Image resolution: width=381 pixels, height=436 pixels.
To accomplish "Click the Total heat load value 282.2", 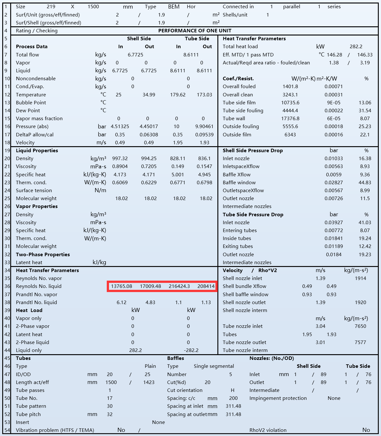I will coord(356,47).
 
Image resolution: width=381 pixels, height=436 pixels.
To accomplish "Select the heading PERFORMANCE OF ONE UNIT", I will coord(195,31).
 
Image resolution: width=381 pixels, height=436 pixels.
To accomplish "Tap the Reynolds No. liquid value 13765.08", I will coord(121,286).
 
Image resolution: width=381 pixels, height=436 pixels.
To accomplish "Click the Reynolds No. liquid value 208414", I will coord(206,286).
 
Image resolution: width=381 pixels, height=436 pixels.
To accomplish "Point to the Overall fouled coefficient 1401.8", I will coord(290,87).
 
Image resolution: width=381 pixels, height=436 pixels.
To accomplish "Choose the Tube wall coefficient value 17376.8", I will coord(290,119).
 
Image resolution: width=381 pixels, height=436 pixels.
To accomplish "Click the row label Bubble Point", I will coord(31,103).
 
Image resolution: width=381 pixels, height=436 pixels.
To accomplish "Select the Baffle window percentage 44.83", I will coord(365,183).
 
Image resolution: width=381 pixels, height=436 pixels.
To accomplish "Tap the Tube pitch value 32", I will coord(110,414).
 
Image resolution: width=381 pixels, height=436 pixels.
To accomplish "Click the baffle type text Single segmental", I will coord(214,366).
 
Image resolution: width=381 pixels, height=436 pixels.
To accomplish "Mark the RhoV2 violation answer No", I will coord(366,430).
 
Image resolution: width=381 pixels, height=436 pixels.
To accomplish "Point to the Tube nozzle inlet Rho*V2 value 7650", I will coord(360,326).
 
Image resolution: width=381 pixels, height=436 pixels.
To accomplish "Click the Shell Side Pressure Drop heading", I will coord(253,151).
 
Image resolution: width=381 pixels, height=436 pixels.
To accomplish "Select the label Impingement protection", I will coord(278,398).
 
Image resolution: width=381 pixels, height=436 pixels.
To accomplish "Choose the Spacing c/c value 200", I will coord(233,398).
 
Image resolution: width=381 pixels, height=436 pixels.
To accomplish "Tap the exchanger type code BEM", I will coord(174,7).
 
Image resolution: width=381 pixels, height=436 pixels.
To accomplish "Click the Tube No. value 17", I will coord(110,398).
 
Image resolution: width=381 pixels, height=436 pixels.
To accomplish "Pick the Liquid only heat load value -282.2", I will coord(191,350).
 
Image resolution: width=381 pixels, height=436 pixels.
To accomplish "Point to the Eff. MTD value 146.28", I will coord(334,55).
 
